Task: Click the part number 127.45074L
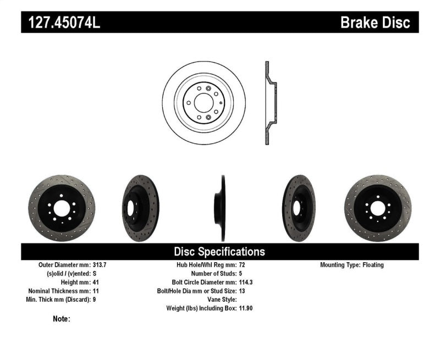pos(64,23)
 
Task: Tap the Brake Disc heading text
pos(375,23)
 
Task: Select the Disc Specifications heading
pos(219,252)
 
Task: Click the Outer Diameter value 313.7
pos(100,265)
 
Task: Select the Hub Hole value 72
pos(243,265)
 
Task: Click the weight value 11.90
pos(246,308)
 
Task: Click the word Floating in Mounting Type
pos(373,265)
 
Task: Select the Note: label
pos(62,318)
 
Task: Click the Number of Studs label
pos(212,274)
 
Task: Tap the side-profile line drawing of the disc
pos(269,103)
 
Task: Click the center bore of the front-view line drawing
pos(204,103)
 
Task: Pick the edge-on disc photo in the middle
pos(220,209)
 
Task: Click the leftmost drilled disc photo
pos(54,208)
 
